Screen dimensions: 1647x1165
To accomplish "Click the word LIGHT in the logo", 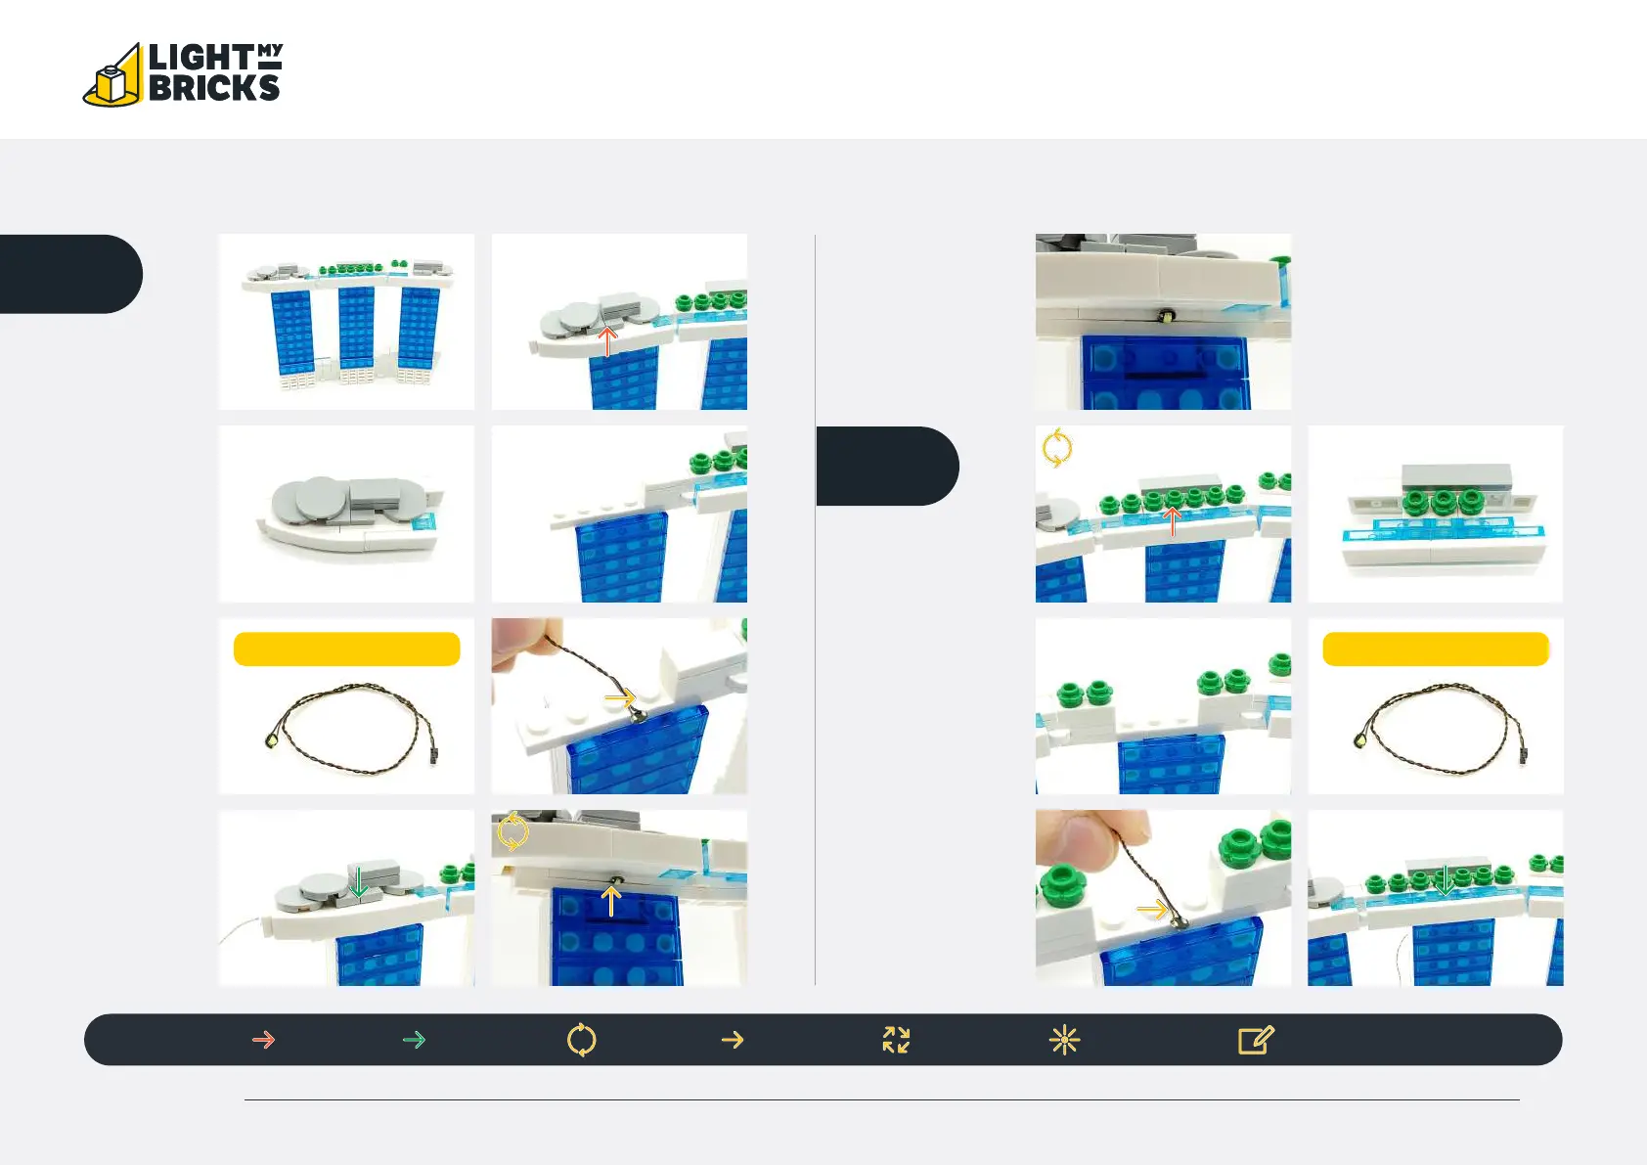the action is (x=200, y=58).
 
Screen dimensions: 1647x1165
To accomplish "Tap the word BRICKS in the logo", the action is (x=214, y=88).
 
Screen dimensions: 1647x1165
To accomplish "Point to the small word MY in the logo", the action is (x=270, y=50).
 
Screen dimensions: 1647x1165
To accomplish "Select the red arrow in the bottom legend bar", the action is (x=263, y=1040).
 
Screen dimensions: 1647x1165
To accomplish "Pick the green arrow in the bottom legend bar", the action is (x=414, y=1040).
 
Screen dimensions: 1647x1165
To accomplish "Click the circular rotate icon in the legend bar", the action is (x=581, y=1040).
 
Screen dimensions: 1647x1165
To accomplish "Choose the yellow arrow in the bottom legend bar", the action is (x=733, y=1040).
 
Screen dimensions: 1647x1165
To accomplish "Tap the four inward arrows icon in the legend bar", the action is (x=896, y=1040).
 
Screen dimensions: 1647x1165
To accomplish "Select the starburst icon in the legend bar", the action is (x=1064, y=1040).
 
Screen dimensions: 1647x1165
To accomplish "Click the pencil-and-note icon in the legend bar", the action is (x=1256, y=1040).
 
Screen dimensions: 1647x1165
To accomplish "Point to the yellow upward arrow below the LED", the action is (x=611, y=901).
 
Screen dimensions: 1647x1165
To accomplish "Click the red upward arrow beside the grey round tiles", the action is (x=607, y=341).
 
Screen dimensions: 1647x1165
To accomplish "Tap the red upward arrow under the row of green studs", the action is (x=1172, y=521).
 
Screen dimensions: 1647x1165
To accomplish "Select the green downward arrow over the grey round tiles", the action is (x=359, y=882).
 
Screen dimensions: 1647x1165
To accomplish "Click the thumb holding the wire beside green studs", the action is (x=1076, y=837).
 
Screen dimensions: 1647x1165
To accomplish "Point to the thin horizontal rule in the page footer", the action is (x=880, y=1099).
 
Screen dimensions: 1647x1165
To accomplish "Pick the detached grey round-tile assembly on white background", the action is (x=347, y=514).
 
